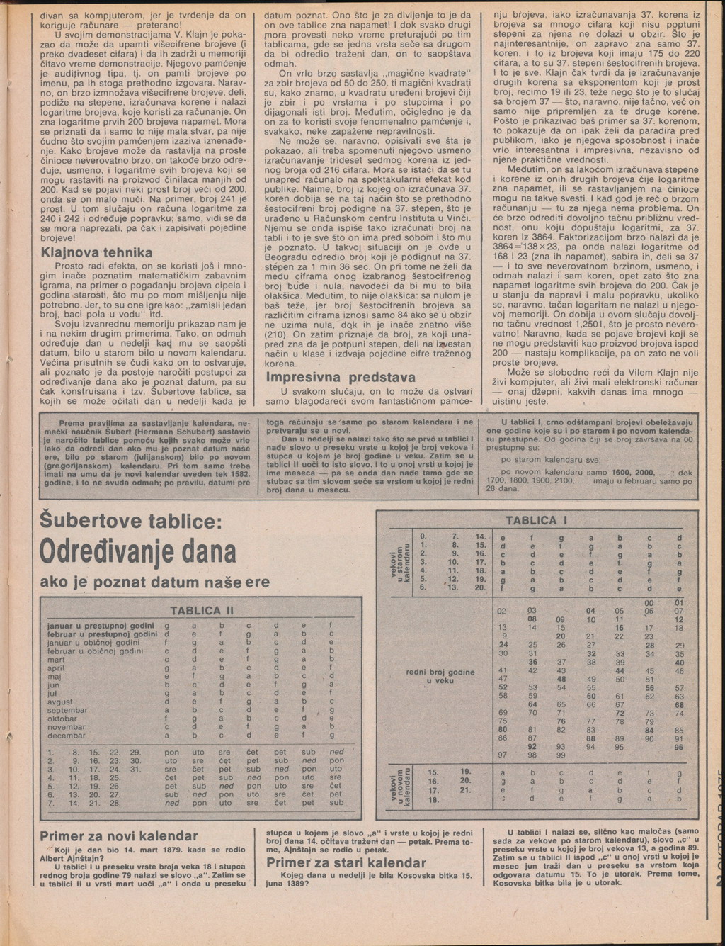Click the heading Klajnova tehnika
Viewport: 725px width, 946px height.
[96, 253]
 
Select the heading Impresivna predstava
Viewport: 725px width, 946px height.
[341, 377]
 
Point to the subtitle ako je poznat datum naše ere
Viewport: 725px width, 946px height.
[155, 582]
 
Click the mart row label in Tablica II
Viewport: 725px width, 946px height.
[56, 659]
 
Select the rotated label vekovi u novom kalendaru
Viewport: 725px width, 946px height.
[401, 786]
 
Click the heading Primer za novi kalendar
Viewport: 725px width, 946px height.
[118, 837]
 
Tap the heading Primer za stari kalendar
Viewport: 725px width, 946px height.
[346, 862]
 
